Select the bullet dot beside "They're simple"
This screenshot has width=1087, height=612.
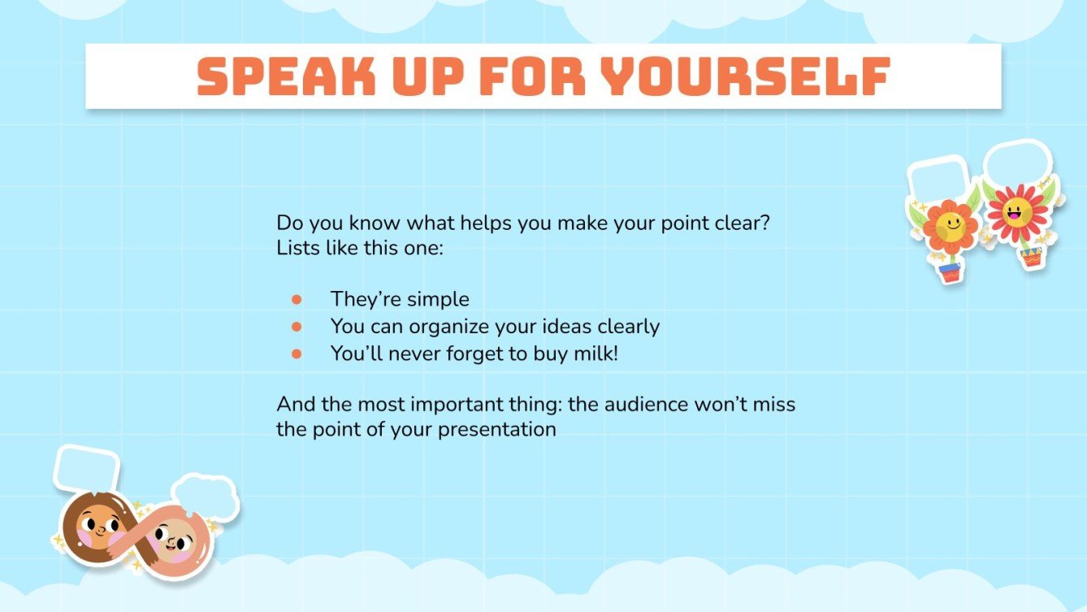click(x=297, y=299)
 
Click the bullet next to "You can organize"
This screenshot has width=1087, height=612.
click(x=297, y=327)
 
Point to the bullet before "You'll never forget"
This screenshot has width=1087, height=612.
click(x=297, y=354)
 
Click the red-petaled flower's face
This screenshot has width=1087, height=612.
click(x=1015, y=213)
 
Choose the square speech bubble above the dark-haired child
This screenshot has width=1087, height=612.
click(x=85, y=469)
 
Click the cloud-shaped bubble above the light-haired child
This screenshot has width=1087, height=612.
click(x=205, y=497)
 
